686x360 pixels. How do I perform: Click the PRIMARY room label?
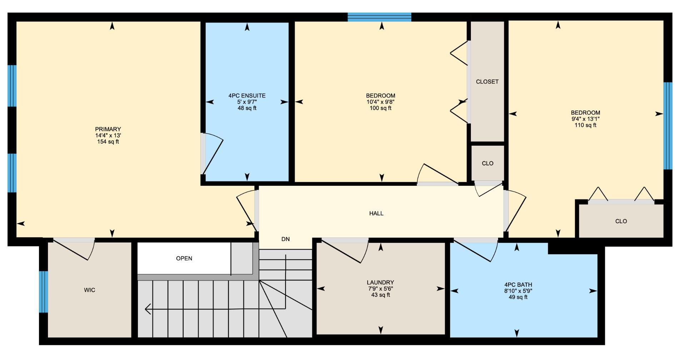click(x=108, y=129)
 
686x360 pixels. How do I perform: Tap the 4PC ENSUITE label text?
click(x=247, y=96)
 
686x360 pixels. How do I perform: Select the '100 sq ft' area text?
click(x=381, y=108)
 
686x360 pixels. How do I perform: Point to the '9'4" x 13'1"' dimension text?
click(x=585, y=119)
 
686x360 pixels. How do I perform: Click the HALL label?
click(x=376, y=214)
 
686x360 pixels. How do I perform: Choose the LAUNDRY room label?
click(x=380, y=282)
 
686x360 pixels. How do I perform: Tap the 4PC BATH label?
click(x=518, y=285)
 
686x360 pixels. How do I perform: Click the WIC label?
click(x=89, y=290)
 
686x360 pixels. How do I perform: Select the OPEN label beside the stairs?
click(x=184, y=259)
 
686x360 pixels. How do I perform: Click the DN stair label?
click(x=285, y=239)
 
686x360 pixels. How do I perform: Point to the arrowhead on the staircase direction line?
click(x=148, y=309)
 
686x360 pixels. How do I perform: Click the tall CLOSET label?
click(x=487, y=82)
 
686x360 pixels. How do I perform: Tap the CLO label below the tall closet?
click(x=487, y=164)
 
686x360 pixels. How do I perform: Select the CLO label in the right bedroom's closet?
click(x=621, y=221)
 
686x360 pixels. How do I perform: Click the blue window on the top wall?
click(x=379, y=17)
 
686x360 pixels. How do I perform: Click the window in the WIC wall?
click(x=43, y=292)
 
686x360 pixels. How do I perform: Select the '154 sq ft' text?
click(x=108, y=142)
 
